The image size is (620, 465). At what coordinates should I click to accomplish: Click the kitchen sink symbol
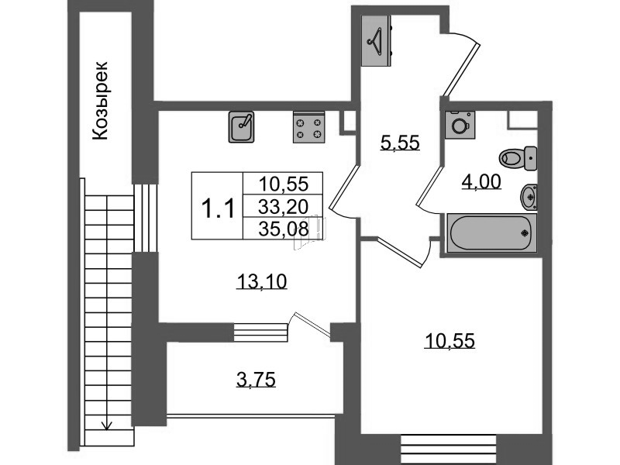point(241,126)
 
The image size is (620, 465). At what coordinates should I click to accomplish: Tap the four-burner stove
point(308,126)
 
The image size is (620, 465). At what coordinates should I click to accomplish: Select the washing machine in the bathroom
point(460,125)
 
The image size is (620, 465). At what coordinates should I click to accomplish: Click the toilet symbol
point(518,158)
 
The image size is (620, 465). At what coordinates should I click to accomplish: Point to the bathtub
point(491,232)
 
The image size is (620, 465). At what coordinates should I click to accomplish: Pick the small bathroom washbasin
point(529,197)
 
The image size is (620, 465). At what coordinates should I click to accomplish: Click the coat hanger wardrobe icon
point(377,41)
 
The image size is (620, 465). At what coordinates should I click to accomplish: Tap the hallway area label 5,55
point(400,143)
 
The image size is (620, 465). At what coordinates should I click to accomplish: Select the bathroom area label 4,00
point(481,182)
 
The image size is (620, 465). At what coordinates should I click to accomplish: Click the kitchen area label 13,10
point(262,282)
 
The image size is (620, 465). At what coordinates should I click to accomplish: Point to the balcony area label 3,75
point(256,380)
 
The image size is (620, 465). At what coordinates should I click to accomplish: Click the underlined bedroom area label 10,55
point(449,341)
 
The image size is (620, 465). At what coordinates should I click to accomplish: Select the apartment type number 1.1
point(219,208)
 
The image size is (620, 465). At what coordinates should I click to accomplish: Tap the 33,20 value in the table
point(283,206)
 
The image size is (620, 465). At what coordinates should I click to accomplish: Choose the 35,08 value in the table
point(283,229)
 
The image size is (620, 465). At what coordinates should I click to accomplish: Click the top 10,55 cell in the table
point(283,184)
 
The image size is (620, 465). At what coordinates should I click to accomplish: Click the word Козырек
point(100,101)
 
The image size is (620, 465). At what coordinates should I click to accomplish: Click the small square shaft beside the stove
point(348,122)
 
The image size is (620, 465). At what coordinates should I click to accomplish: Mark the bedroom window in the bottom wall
point(449,449)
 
